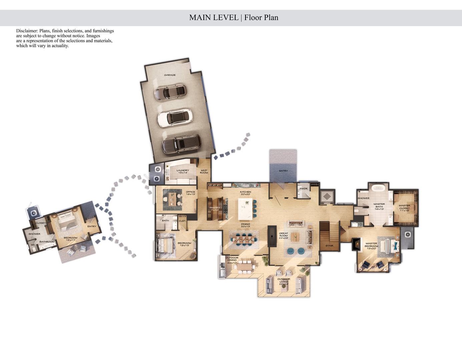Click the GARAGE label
click(170, 75)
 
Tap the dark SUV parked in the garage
click(181, 144)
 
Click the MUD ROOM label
click(204, 171)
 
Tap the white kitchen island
click(245, 209)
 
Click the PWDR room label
click(304, 189)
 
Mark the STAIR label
click(329, 246)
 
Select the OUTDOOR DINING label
click(232, 260)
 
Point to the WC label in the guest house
click(33, 245)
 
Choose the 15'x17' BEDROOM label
click(70, 239)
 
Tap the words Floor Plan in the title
click(261, 18)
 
